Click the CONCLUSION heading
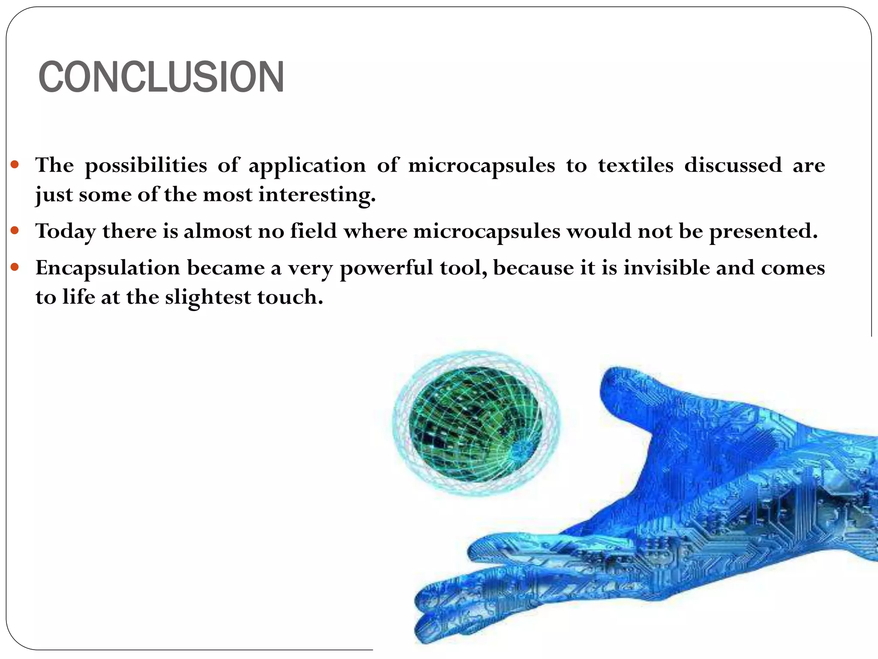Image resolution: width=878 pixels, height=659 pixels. click(x=161, y=77)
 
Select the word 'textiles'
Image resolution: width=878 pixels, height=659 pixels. click(x=636, y=166)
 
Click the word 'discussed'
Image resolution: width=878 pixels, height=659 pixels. click(x=733, y=166)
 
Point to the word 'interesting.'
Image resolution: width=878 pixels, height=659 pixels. click(x=317, y=196)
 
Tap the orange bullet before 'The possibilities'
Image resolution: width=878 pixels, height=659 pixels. click(x=15, y=164)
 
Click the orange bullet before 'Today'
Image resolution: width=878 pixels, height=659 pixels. click(x=15, y=231)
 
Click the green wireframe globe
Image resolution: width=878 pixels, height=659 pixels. click(x=475, y=424)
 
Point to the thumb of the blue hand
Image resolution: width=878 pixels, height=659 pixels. click(x=622, y=395)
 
